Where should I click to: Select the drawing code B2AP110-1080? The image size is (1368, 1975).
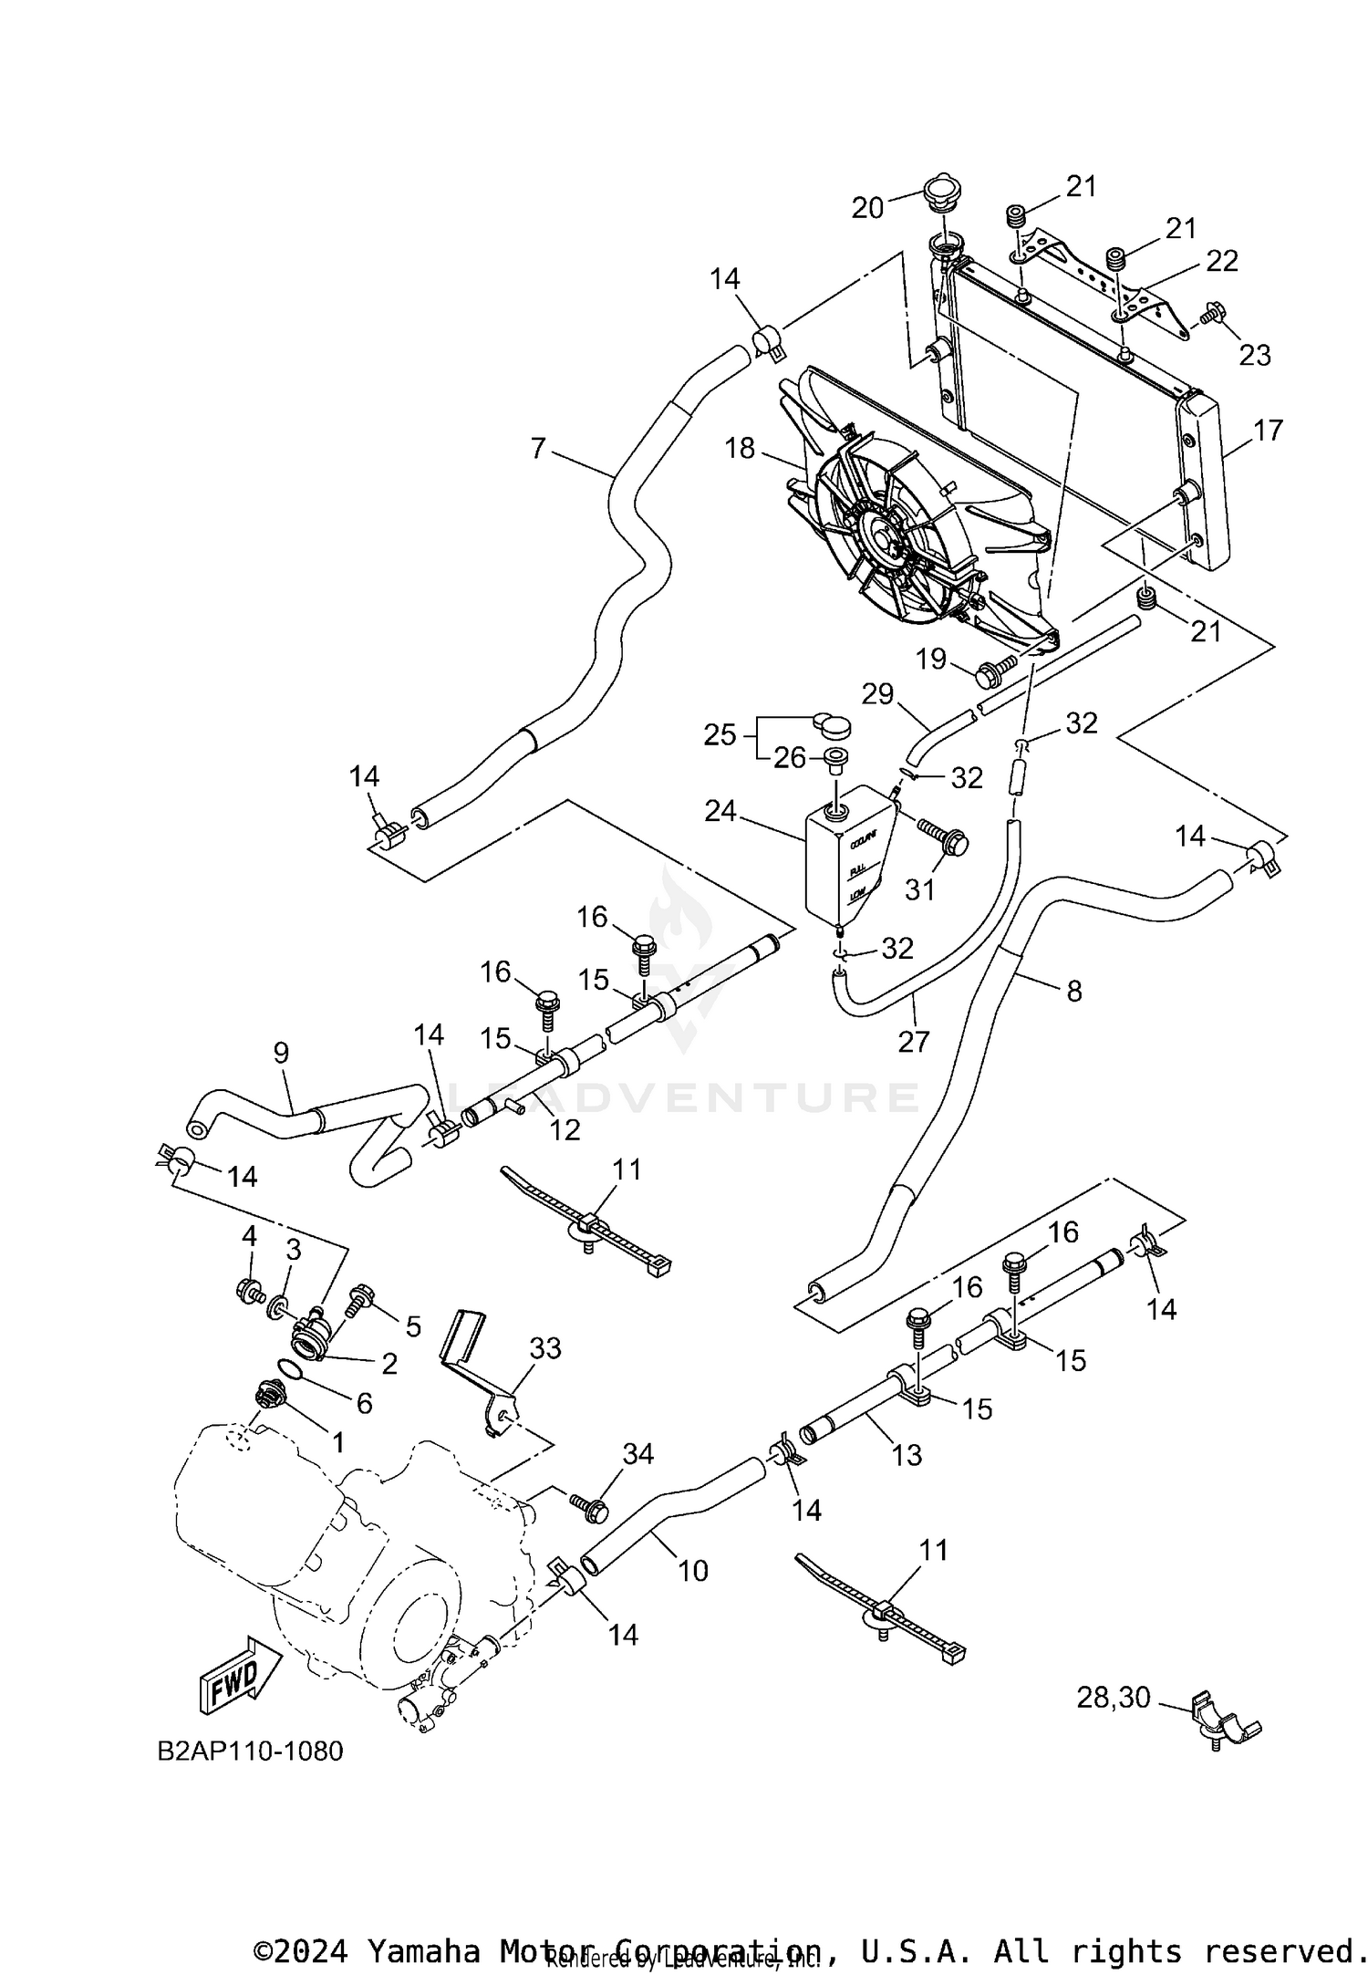(251, 1752)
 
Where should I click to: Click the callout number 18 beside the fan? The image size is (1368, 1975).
(740, 448)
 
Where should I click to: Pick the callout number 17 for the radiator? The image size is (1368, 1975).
(1269, 430)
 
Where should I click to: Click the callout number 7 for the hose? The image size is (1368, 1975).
(538, 448)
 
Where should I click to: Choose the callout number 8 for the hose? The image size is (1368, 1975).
(1073, 991)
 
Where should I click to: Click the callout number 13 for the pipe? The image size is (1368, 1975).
(907, 1454)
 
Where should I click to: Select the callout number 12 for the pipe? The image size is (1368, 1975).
(565, 1129)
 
